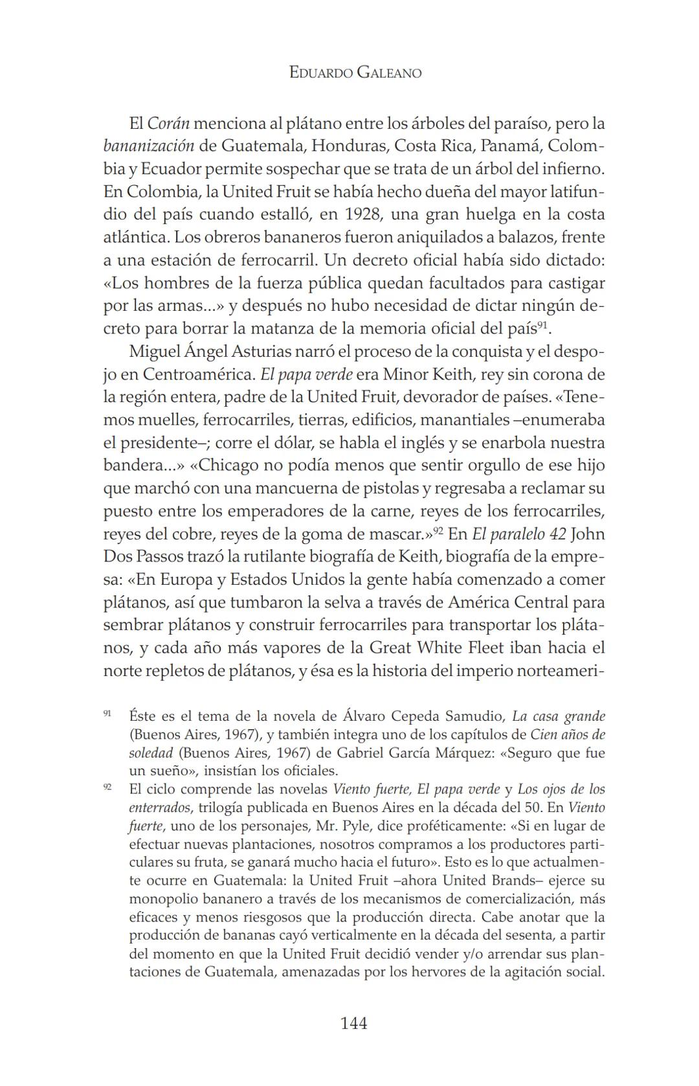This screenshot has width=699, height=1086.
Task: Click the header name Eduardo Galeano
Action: tap(355, 73)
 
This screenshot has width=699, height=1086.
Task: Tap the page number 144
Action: tap(354, 1023)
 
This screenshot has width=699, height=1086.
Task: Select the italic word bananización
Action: tap(148, 146)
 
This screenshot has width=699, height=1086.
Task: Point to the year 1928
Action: tap(363, 214)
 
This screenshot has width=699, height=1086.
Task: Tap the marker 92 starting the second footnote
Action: tap(107, 787)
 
